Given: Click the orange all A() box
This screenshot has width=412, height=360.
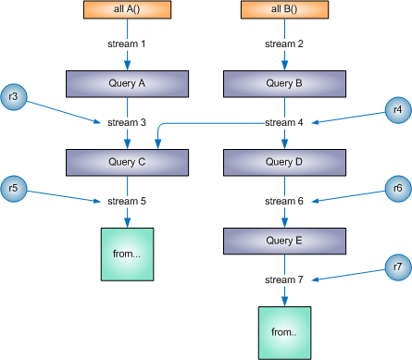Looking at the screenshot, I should tap(126, 9).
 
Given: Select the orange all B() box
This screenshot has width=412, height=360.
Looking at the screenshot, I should tap(284, 9).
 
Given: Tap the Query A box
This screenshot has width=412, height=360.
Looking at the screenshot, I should tap(126, 83).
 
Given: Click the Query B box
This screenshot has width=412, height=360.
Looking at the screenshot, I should tap(284, 83).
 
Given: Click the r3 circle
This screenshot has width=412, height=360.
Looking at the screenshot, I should tap(15, 95).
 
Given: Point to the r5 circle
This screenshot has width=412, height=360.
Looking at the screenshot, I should tap(15, 189).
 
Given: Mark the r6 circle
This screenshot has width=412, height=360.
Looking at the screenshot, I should tap(397, 188).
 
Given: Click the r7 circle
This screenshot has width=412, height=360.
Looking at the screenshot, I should tap(397, 267).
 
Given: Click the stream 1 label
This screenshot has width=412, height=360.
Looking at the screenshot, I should tap(126, 43).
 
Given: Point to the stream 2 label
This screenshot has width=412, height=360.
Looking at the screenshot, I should tap(284, 43).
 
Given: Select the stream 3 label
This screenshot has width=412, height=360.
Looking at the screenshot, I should tap(126, 122).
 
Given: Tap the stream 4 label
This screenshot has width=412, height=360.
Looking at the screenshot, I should tap(284, 122).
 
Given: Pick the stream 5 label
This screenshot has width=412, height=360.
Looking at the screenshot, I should tap(126, 201).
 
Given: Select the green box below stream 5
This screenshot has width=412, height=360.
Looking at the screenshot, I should tap(126, 252).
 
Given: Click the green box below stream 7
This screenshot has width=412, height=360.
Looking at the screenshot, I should tap(284, 331).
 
